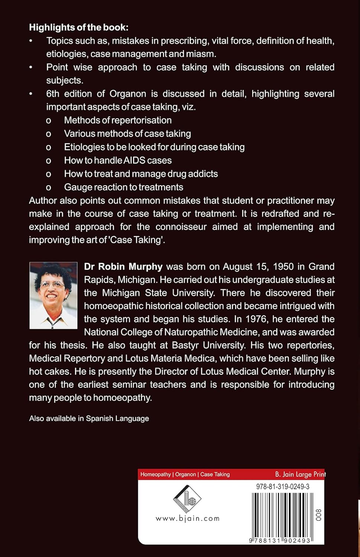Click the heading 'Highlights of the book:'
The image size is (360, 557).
tap(79, 27)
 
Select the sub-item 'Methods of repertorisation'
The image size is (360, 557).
tap(118, 120)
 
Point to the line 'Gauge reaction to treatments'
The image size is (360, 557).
tap(123, 187)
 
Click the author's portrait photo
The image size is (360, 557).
tap(53, 295)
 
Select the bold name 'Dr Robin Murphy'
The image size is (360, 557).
tap(123, 267)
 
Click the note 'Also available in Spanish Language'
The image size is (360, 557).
tap(89, 418)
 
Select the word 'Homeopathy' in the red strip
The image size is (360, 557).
tap(155, 475)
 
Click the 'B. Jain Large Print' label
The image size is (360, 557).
tap(300, 474)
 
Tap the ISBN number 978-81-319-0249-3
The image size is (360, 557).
tap(283, 486)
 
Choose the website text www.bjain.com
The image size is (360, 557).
tap(188, 518)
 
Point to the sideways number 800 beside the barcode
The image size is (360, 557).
tap(318, 515)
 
